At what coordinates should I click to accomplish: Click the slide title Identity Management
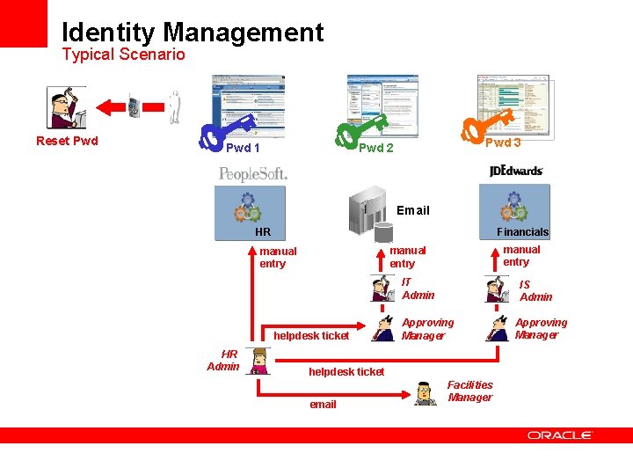[193, 33]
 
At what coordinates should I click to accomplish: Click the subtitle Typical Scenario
[123, 55]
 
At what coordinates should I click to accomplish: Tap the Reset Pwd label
[67, 141]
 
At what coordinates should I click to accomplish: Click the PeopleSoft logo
[253, 173]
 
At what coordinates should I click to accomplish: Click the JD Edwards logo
[516, 170]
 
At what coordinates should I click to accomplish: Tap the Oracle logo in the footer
[560, 435]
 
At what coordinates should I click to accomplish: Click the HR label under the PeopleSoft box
[263, 232]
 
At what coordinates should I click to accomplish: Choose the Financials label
[522, 232]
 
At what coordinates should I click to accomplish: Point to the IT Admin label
[418, 289]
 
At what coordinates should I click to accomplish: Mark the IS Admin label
[535, 290]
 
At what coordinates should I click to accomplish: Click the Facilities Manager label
[470, 391]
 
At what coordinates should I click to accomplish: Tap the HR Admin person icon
[258, 360]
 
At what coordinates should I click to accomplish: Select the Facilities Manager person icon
[426, 393]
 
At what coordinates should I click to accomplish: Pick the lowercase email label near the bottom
[323, 405]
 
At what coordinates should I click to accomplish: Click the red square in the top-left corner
[23, 23]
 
